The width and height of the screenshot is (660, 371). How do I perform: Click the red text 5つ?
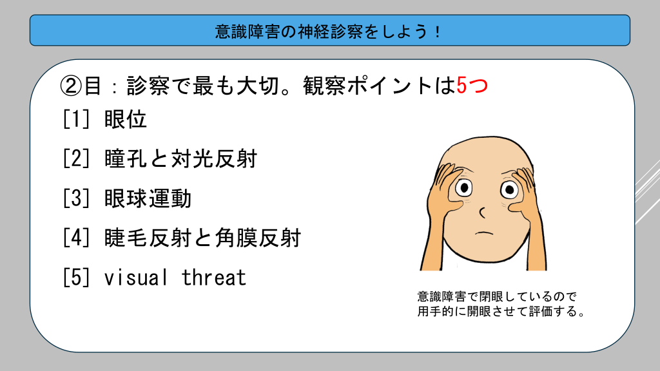pos(472,86)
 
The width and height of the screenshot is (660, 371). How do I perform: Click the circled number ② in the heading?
pos(70,86)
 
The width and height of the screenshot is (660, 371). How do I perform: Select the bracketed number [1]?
pos(76,119)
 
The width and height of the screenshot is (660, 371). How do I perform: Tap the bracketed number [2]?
pos(76,159)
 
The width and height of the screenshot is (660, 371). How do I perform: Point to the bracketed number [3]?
pos(76,198)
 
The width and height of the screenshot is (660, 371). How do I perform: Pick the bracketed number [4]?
pos(76,238)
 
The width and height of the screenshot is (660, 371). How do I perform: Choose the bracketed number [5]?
pos(76,278)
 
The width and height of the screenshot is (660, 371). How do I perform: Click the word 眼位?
pos(126,119)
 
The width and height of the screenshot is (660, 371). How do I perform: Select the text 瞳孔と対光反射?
pos(180,159)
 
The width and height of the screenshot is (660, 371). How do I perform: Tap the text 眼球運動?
pos(148,198)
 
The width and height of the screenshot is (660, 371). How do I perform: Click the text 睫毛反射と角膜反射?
pos(202,238)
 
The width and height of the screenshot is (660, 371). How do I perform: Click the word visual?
pos(136,278)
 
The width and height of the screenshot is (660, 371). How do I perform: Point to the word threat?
pos(214,278)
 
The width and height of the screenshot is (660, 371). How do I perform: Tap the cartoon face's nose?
pos(482,213)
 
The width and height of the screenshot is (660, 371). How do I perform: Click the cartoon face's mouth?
pos(484,233)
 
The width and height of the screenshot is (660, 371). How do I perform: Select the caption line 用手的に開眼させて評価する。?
pos(501,312)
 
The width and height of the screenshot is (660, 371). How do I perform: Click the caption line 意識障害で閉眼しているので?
pos(497,296)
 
